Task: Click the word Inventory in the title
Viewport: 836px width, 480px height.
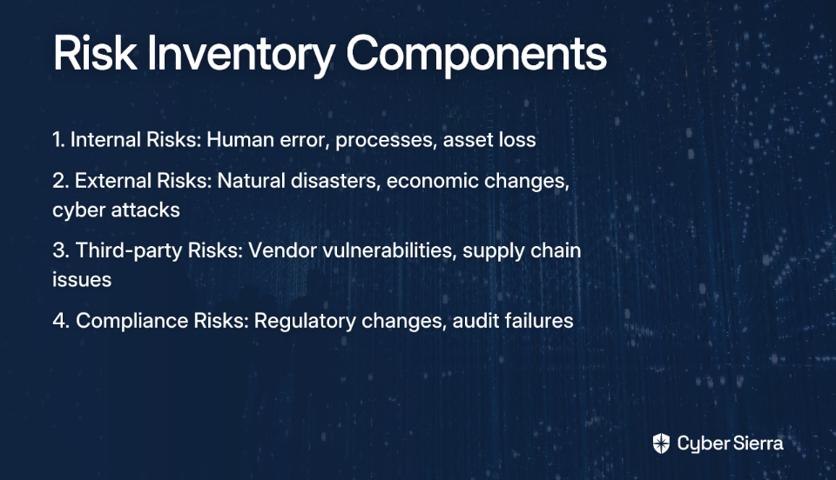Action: pyautogui.click(x=241, y=54)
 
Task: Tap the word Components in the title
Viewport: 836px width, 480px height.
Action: pyautogui.click(x=476, y=54)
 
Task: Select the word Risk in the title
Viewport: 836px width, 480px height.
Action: pyautogui.click(x=94, y=52)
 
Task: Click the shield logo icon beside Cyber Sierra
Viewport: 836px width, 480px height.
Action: pyautogui.click(x=661, y=443)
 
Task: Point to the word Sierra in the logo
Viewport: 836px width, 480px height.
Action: pyautogui.click(x=757, y=443)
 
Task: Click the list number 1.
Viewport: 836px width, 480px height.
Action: pyautogui.click(x=58, y=139)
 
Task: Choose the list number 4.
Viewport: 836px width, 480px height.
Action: pyautogui.click(x=61, y=321)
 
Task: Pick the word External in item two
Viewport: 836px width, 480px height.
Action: pyautogui.click(x=113, y=180)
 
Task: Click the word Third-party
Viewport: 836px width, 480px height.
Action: pyautogui.click(x=129, y=251)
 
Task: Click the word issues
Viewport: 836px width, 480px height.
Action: pyautogui.click(x=82, y=279)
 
